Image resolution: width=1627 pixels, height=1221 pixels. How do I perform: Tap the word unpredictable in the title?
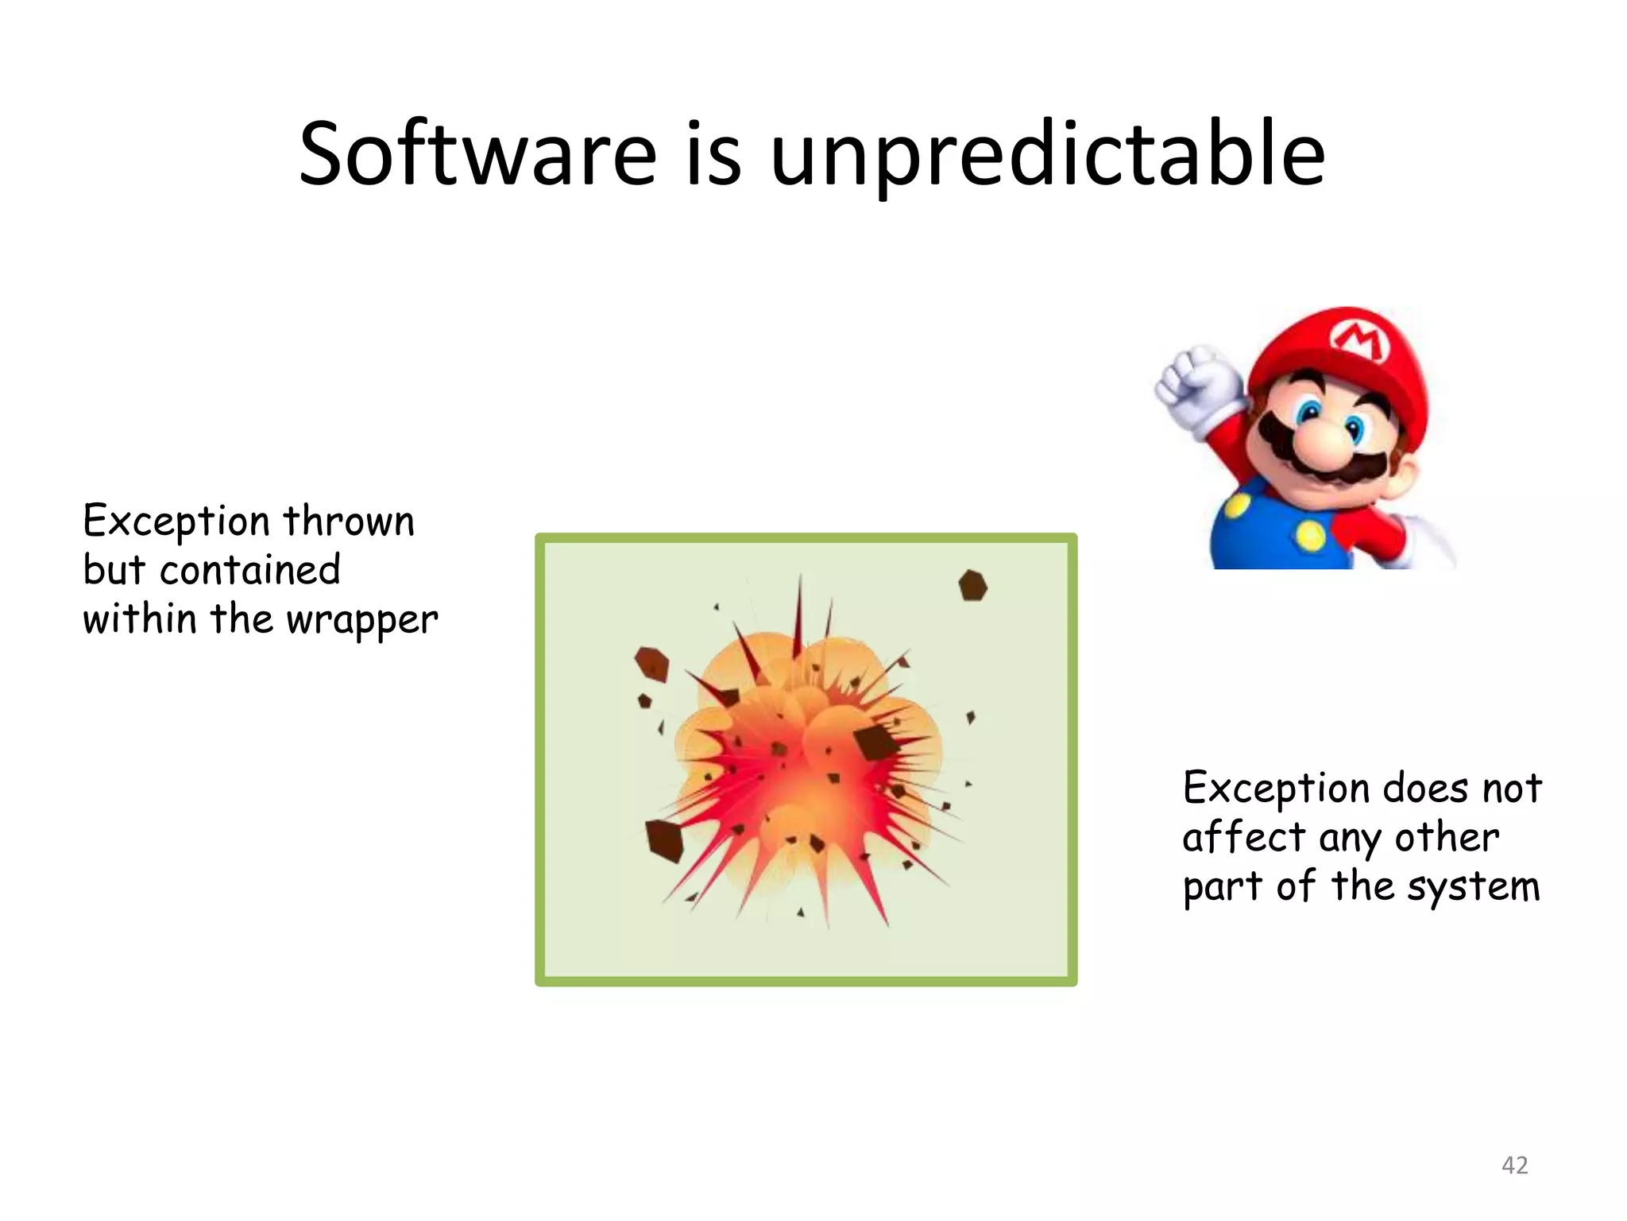(1047, 155)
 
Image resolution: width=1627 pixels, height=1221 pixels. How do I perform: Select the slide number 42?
(1514, 1165)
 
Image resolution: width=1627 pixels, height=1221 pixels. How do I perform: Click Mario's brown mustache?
(1319, 469)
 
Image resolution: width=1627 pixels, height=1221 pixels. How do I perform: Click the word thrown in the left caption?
(349, 521)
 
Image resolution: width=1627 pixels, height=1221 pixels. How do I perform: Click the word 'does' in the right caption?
(1425, 789)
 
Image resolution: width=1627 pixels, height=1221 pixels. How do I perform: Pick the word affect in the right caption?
(1243, 838)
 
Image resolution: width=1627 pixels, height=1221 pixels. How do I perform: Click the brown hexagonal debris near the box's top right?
(972, 586)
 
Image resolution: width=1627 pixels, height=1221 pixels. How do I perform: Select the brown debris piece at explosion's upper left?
(651, 664)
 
